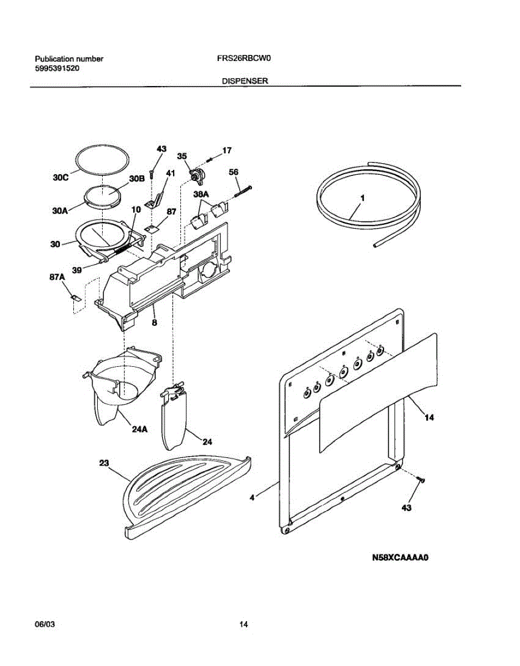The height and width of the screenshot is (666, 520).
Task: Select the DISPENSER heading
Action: tap(245, 80)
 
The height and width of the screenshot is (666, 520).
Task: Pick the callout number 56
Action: tap(234, 172)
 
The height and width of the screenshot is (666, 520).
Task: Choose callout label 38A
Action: tap(201, 195)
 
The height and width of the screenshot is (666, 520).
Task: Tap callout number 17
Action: tap(226, 150)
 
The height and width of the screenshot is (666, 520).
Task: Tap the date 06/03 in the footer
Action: tap(45, 624)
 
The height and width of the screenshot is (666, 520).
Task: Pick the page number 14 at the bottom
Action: tap(243, 624)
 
